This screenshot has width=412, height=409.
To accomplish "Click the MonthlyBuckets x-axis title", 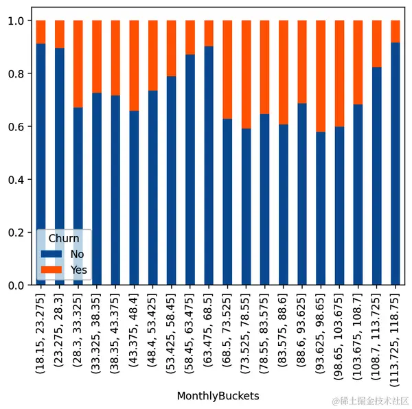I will [x=218, y=396].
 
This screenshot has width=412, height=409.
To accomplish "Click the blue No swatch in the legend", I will [x=51, y=254].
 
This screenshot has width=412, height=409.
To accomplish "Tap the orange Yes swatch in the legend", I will [x=51, y=270].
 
